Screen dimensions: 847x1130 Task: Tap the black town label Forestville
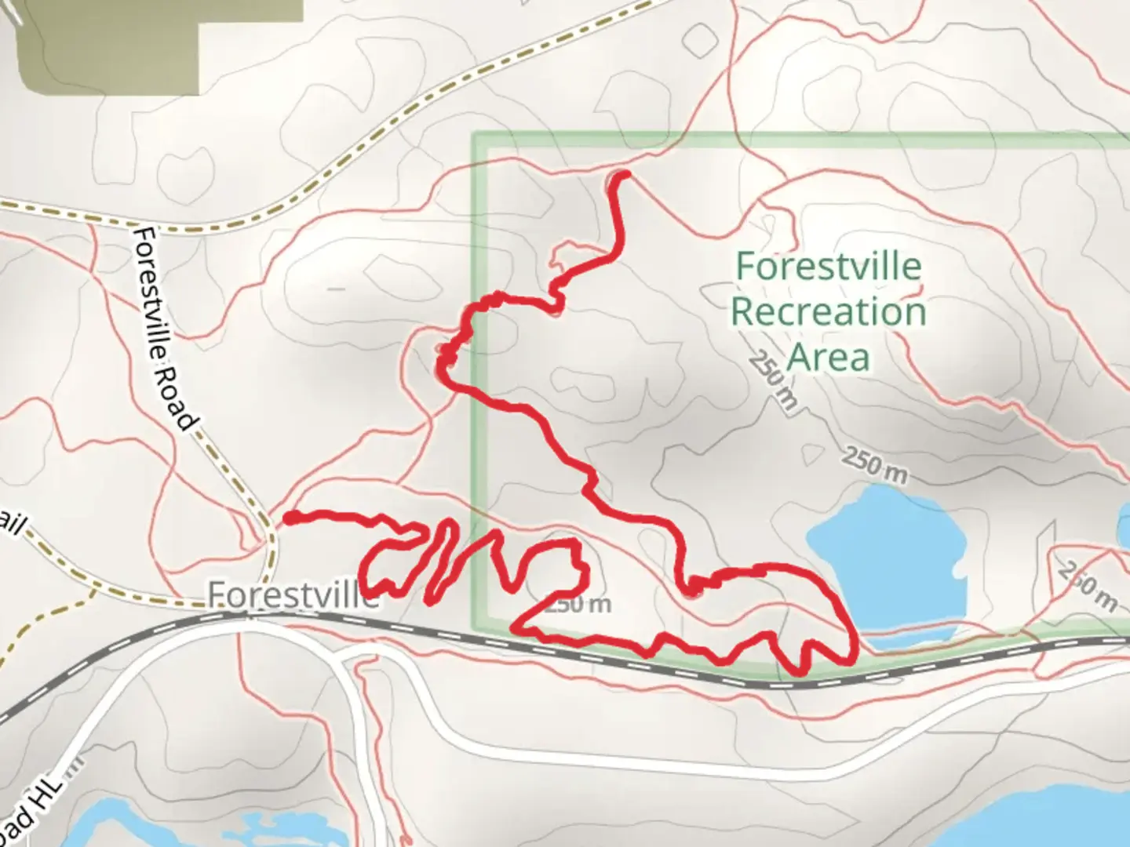[292, 596]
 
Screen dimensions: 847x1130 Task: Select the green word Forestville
[828, 267]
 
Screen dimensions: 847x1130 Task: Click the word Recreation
[828, 311]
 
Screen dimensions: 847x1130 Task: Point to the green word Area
[828, 357]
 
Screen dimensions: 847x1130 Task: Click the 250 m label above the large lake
[875, 465]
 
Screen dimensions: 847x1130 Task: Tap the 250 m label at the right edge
[1087, 585]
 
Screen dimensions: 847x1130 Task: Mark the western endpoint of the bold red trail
[290, 518]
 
